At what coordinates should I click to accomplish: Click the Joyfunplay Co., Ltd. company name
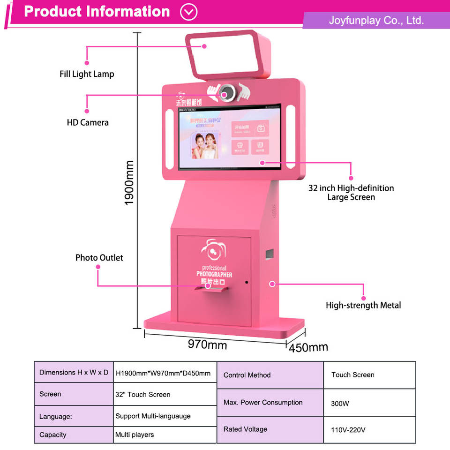click(376, 20)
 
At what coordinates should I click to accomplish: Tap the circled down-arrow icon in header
click(189, 12)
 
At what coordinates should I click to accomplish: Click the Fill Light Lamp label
click(87, 74)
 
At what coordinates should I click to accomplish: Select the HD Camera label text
click(88, 122)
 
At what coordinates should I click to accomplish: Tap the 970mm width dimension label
click(207, 345)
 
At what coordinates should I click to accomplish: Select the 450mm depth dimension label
click(308, 347)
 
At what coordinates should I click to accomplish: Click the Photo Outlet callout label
click(99, 257)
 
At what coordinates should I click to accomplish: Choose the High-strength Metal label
click(363, 305)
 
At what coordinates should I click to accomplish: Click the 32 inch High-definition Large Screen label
click(351, 192)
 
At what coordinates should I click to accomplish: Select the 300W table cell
click(340, 403)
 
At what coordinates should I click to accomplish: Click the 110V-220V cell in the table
click(348, 429)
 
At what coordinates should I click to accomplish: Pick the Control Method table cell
click(247, 375)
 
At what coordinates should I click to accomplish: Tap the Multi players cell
click(135, 435)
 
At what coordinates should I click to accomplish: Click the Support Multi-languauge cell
click(153, 416)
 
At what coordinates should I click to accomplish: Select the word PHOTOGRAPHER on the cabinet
click(214, 275)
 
